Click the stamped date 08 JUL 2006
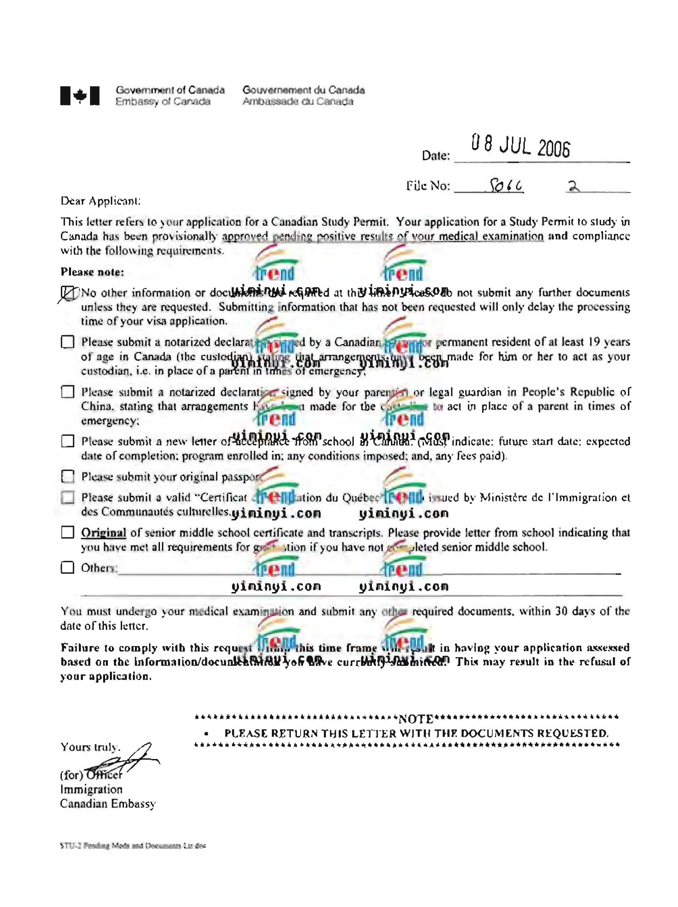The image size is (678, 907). coord(520,146)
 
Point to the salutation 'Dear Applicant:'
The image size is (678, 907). coord(100,201)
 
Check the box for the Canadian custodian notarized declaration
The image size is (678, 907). coord(68,342)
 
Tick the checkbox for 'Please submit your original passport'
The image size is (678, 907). coord(68,476)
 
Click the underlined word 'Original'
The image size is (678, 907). coord(103,533)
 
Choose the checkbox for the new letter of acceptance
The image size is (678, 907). coord(68,441)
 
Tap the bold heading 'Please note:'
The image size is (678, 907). coord(92,272)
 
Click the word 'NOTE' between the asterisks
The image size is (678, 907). coord(416,719)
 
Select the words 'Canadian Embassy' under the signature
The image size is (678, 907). coord(108,804)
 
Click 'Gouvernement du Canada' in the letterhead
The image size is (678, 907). coord(303,90)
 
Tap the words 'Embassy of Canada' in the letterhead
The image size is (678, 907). coord(163,101)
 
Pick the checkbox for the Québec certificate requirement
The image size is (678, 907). coord(68,497)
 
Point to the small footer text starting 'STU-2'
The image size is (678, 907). coord(133,845)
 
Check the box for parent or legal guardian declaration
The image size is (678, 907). coord(68,392)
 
